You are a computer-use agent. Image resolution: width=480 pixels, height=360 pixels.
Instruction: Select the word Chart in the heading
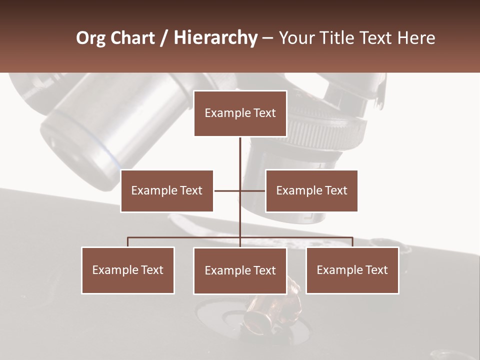(x=130, y=38)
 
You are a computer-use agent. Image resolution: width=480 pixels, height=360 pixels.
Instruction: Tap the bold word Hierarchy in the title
(x=215, y=38)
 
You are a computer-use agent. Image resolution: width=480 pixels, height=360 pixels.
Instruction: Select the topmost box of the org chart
(x=240, y=113)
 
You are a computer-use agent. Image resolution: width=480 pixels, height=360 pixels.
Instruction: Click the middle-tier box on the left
(x=166, y=191)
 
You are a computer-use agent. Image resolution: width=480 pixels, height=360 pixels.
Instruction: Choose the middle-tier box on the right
(x=311, y=191)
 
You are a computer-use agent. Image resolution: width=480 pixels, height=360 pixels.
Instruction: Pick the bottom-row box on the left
(x=127, y=270)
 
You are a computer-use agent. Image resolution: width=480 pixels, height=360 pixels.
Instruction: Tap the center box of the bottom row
(x=240, y=271)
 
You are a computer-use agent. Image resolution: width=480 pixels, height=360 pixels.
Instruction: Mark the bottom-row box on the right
(x=352, y=270)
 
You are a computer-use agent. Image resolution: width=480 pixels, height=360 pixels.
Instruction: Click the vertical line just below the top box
(x=240, y=150)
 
